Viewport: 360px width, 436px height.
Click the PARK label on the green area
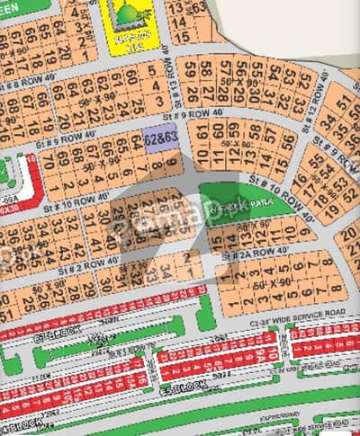260,204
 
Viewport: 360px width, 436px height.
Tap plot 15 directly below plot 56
287,164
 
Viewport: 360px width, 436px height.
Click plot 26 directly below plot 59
191,92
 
